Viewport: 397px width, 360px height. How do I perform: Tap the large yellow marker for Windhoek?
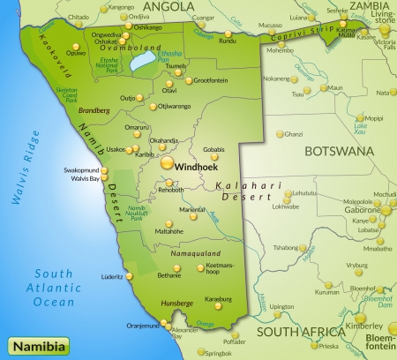coord(168,162)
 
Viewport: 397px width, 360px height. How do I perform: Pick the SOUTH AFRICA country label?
coord(300,332)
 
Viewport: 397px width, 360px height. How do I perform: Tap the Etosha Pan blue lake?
coord(139,64)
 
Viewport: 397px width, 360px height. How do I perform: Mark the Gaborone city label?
coord(361,211)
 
